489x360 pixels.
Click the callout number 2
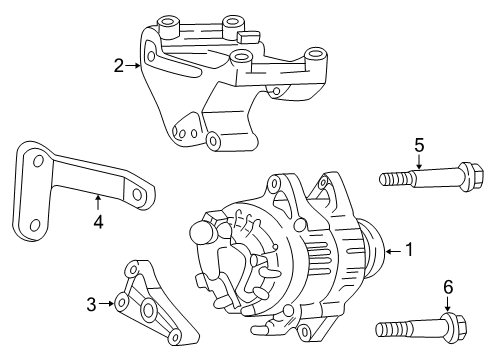(x=119, y=66)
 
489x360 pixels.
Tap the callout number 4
(x=98, y=222)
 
